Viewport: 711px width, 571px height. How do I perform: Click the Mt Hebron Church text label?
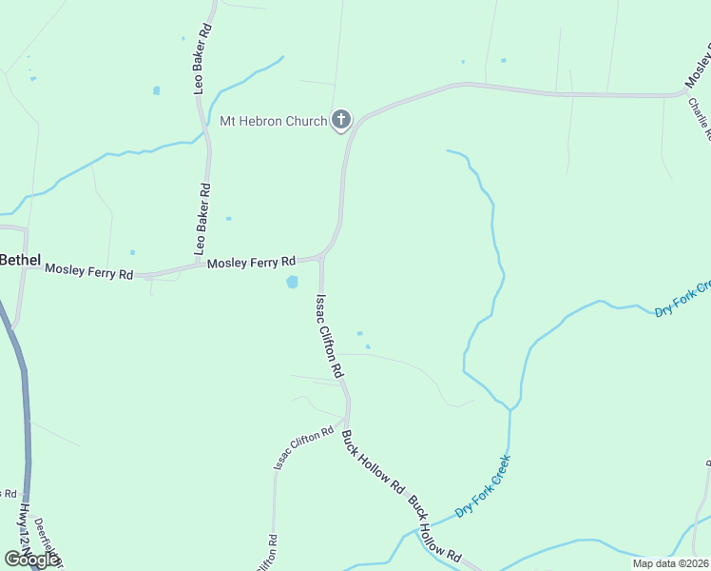(273, 121)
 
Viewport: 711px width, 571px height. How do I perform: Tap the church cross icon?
(341, 121)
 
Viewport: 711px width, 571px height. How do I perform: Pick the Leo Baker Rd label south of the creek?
(202, 220)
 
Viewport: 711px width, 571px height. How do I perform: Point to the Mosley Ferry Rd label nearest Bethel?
(89, 273)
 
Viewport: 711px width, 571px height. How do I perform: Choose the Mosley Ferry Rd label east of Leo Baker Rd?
(252, 262)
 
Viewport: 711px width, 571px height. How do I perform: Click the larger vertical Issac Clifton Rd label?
(328, 337)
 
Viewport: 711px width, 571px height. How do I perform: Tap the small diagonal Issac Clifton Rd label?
(304, 447)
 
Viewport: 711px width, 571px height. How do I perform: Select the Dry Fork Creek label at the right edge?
(683, 301)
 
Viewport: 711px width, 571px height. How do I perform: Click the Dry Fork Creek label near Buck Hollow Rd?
(483, 486)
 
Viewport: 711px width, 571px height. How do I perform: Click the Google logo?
(31, 560)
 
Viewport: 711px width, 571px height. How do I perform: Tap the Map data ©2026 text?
(670, 563)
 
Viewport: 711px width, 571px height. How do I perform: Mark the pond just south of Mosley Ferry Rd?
(292, 282)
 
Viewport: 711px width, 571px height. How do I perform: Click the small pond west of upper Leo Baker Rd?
(156, 91)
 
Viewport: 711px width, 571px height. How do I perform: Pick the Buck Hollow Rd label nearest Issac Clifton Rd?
(374, 463)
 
